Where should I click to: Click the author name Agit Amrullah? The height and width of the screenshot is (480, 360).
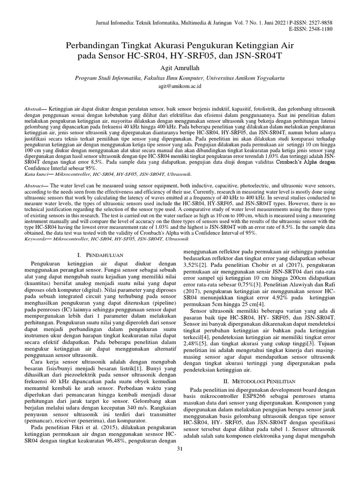pos(180,67)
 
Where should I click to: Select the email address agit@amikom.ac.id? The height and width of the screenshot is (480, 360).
pos(180,87)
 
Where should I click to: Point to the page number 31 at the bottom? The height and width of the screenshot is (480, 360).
pos(180,450)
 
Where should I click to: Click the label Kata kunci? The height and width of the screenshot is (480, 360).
pos(36,174)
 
